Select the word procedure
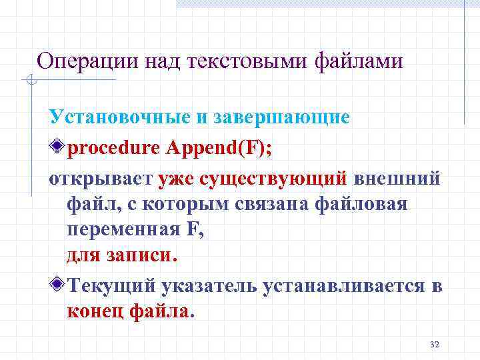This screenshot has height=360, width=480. [x=111, y=147]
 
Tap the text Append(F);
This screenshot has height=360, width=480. [x=216, y=147]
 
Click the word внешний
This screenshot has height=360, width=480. [x=397, y=178]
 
